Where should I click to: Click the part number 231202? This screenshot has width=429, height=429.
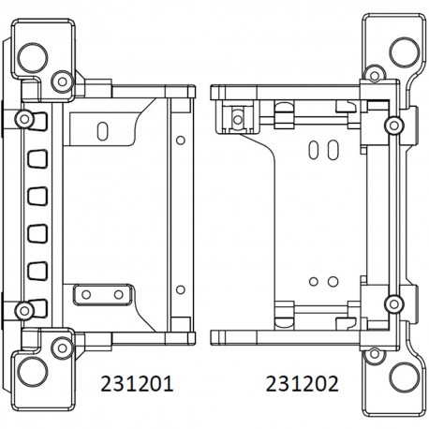pyautogui.click(x=302, y=385)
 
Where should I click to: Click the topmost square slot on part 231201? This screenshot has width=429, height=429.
pyautogui.click(x=39, y=156)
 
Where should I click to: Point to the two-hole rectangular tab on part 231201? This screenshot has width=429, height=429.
pyautogui.click(x=100, y=295)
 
